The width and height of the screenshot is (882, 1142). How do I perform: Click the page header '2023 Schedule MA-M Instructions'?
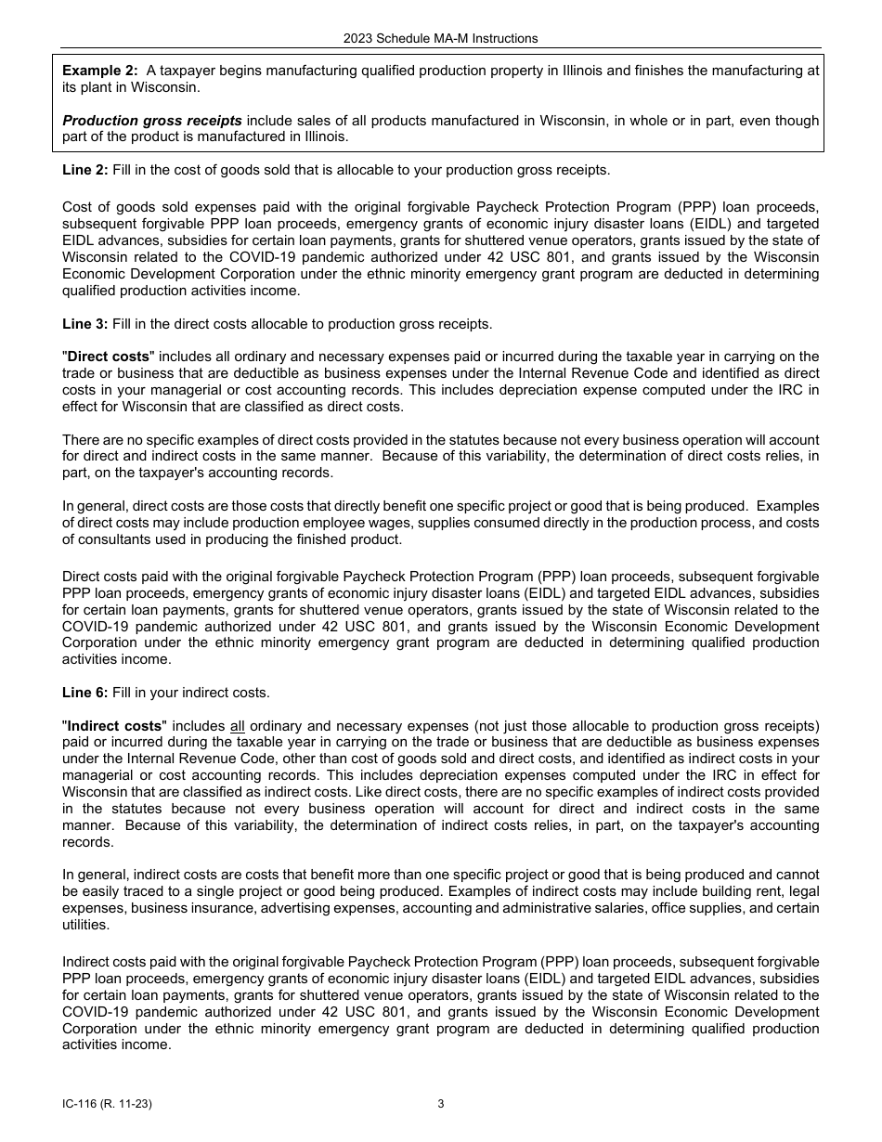pos(440,38)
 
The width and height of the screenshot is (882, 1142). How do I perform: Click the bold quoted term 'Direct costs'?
pos(108,357)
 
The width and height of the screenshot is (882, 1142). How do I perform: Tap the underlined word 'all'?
pos(238,725)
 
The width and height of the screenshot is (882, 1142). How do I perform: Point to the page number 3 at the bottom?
pos(441,1104)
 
